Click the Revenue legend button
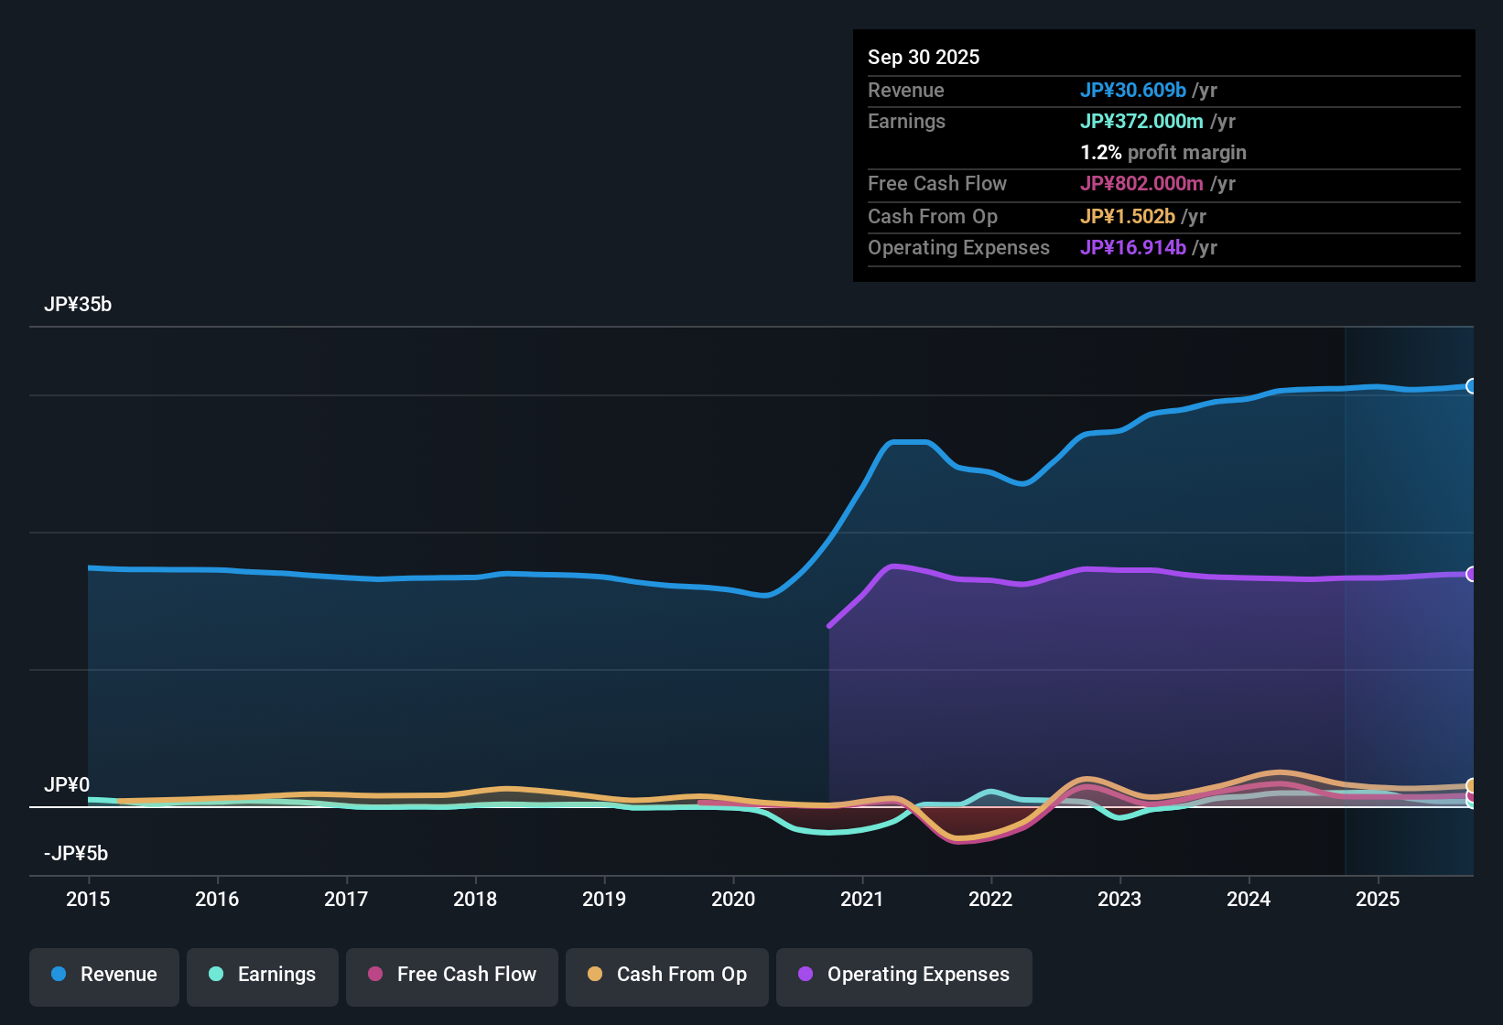coord(104,975)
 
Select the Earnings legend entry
coord(263,975)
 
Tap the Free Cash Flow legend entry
coord(452,975)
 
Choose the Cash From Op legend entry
coord(667,975)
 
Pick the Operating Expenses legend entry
coord(904,975)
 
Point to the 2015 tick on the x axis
coord(88,899)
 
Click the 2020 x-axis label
coord(733,899)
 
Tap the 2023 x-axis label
coord(1119,899)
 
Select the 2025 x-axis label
coord(1378,899)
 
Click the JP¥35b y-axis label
coord(78,305)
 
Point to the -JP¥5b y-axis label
coord(76,854)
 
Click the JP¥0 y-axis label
coord(67,785)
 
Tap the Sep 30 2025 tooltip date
coord(924,57)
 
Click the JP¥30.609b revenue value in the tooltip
coord(1133,90)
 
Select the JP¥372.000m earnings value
coord(1141,121)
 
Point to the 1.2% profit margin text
coord(1163,152)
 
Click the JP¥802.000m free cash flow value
coord(1141,183)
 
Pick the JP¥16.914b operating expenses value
coord(1133,247)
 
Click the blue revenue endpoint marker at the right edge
coord(1471,386)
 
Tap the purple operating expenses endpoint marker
coord(1471,574)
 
